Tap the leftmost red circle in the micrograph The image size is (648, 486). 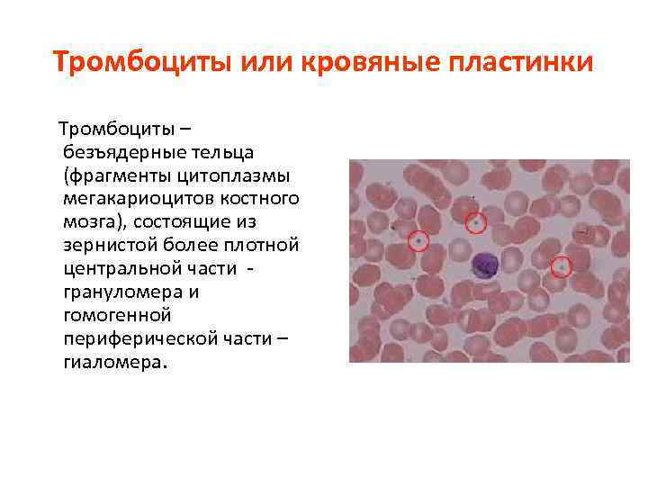tap(418, 240)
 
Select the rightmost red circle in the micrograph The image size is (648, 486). tap(562, 266)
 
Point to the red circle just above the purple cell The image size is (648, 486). tap(476, 221)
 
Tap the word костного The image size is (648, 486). tap(266, 196)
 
